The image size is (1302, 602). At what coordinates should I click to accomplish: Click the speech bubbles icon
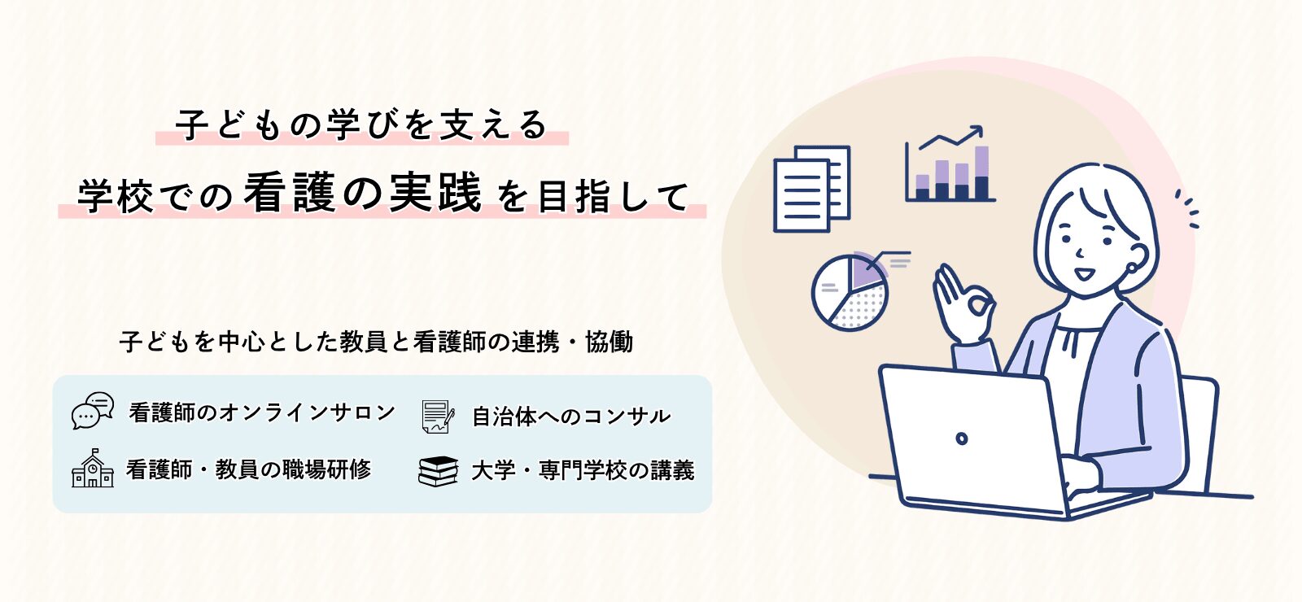click(x=93, y=410)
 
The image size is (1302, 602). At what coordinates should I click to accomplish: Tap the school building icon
click(x=93, y=469)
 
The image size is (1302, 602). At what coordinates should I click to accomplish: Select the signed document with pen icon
click(x=438, y=416)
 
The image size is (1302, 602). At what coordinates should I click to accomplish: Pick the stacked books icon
click(x=439, y=471)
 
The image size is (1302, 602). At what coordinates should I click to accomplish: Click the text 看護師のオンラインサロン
click(x=262, y=412)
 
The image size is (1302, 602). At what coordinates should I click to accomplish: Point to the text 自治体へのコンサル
click(x=570, y=416)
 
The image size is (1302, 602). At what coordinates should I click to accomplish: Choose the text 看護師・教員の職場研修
click(x=248, y=469)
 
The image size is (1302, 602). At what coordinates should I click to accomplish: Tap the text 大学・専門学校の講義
click(x=583, y=470)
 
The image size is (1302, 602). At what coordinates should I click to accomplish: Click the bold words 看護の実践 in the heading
click(x=363, y=192)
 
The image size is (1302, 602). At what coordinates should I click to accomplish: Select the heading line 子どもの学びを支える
click(x=361, y=124)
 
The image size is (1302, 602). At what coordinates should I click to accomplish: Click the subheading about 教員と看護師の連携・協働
click(x=376, y=342)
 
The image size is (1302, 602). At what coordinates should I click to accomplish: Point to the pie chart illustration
click(x=850, y=292)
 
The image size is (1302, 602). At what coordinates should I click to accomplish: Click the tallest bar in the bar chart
click(x=981, y=172)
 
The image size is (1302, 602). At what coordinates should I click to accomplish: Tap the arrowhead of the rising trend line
click(x=977, y=131)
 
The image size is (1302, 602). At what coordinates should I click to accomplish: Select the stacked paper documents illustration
click(x=811, y=189)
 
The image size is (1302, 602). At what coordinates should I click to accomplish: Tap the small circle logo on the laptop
click(x=962, y=438)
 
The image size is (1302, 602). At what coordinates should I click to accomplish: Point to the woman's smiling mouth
click(x=1084, y=273)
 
